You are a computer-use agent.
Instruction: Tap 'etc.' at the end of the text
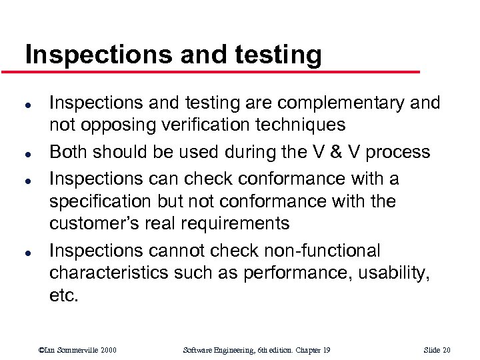64,295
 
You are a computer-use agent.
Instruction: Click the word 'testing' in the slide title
273,55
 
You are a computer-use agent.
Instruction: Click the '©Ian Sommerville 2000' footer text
78,350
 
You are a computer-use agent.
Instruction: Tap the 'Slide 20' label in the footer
437,350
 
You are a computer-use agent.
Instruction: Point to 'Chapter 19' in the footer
316,350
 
